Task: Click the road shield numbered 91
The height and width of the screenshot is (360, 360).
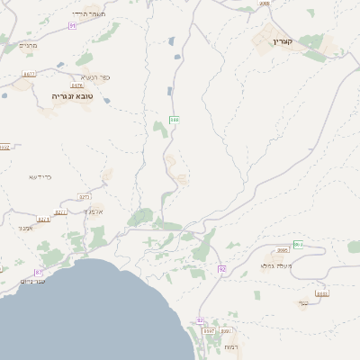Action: coord(72,26)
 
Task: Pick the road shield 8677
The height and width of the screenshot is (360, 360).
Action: coord(29,74)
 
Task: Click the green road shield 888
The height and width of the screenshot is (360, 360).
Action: coord(175,119)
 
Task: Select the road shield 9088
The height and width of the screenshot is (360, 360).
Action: coord(264,4)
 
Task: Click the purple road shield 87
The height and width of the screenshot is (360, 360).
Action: coord(39,272)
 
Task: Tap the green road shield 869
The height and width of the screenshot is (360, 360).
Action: coord(298,245)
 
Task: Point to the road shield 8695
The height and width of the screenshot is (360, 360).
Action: coord(283,251)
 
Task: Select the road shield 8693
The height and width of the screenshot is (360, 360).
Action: coord(322,293)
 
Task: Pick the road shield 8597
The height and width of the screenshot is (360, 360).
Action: coord(209,331)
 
